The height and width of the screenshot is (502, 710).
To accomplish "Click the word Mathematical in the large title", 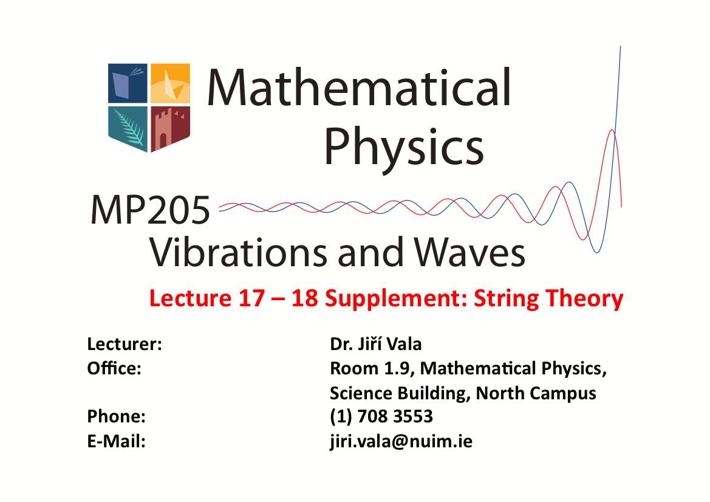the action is pyautogui.click(x=358, y=87).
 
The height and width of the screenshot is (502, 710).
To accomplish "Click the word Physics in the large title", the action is pyautogui.click(x=404, y=146).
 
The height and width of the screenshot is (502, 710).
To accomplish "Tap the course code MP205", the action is pyautogui.click(x=151, y=210).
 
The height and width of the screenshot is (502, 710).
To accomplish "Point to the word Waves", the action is pyautogui.click(x=469, y=251).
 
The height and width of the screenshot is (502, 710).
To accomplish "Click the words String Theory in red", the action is pyautogui.click(x=548, y=299).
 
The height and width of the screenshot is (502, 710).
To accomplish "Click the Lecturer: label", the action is pyautogui.click(x=125, y=344).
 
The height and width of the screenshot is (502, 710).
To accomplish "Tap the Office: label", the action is pyautogui.click(x=114, y=368).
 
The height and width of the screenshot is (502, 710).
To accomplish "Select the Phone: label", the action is pyautogui.click(x=117, y=416).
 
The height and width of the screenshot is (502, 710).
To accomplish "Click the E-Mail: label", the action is pyautogui.click(x=117, y=441).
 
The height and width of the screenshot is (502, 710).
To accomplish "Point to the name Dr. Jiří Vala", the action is pyautogui.click(x=376, y=344).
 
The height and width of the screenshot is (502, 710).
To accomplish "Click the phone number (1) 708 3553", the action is pyautogui.click(x=381, y=416).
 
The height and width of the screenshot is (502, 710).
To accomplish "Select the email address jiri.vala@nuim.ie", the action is pyautogui.click(x=401, y=441).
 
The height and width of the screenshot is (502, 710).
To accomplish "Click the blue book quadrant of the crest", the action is pyautogui.click(x=128, y=83).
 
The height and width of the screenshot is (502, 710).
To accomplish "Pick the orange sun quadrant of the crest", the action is pyautogui.click(x=170, y=83).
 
